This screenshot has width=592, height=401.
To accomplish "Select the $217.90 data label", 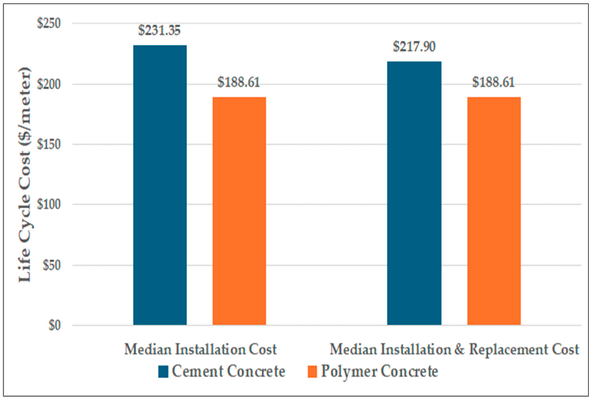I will coord(414,47).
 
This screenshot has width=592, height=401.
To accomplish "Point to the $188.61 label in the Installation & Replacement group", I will coord(493,82).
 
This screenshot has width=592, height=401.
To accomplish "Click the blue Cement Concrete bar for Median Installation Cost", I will coord(160,185).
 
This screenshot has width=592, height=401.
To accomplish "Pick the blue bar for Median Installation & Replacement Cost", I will coord(414,193).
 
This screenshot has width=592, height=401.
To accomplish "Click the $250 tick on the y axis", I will coord(49,23).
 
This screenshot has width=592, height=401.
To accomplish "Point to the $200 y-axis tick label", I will coord(49,84).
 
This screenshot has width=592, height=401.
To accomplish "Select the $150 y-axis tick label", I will coord(49,144).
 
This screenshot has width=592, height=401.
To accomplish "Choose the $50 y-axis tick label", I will coord(52,265).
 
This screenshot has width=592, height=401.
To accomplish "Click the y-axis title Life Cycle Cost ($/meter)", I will coord(25,175).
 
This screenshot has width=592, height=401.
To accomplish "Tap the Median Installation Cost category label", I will coord(200,349).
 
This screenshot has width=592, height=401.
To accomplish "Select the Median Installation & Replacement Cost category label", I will coord(454,349).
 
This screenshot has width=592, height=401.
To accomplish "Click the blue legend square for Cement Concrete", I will coord(163,372).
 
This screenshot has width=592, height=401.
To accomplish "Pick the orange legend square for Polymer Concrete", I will coord(312,372).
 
